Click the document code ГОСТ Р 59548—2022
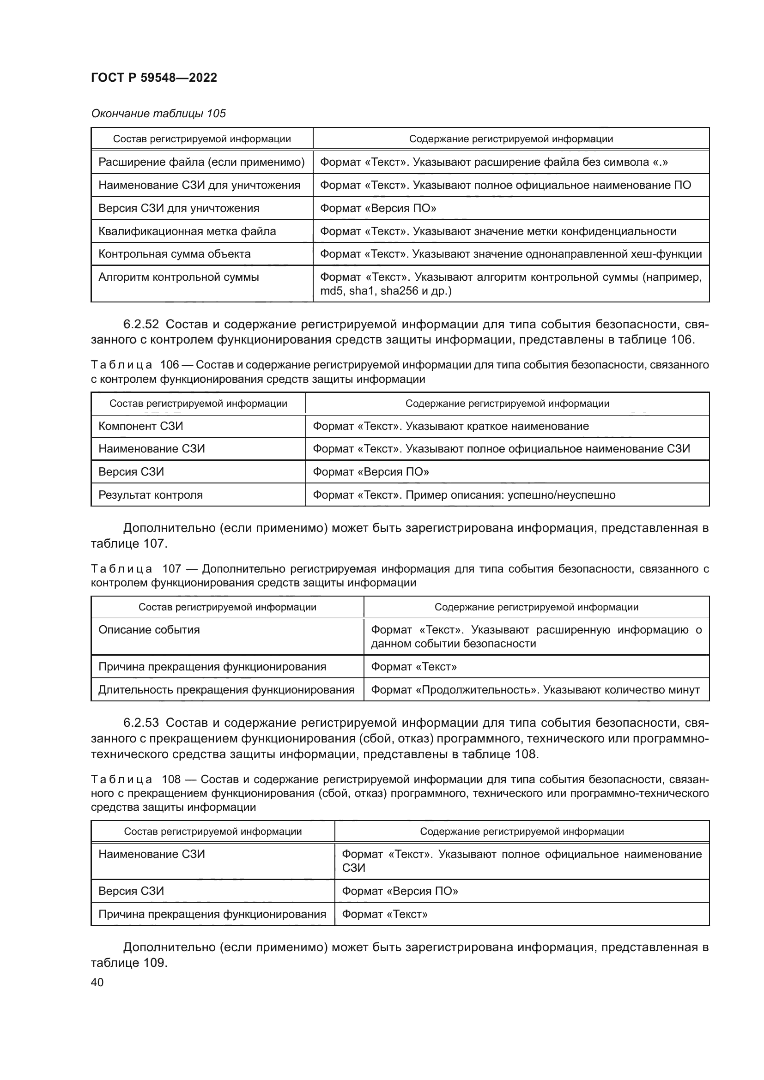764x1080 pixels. click(154, 78)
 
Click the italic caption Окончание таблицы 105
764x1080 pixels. click(158, 114)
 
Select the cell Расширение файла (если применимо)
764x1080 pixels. click(201, 162)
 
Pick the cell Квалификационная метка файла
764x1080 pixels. click(187, 231)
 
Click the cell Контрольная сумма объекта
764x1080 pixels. click(174, 254)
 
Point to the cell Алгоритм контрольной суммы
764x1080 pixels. click(178, 277)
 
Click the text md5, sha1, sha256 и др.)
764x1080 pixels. click(386, 291)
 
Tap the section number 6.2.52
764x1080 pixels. click(141, 324)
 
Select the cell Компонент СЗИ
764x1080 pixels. click(141, 426)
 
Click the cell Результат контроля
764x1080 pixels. click(151, 495)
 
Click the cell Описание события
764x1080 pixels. click(149, 630)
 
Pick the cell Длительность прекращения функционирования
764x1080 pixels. click(226, 690)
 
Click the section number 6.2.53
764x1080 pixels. click(141, 723)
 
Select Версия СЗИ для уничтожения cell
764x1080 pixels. click(179, 208)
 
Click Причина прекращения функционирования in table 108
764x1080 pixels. click(212, 914)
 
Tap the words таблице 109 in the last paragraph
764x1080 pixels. click(128, 962)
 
